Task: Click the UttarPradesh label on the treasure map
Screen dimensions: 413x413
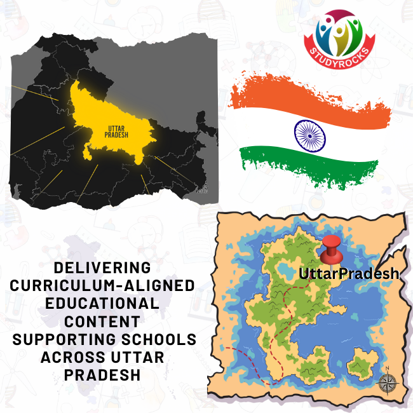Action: [349, 274]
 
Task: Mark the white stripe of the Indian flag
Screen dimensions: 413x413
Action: [267, 130]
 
